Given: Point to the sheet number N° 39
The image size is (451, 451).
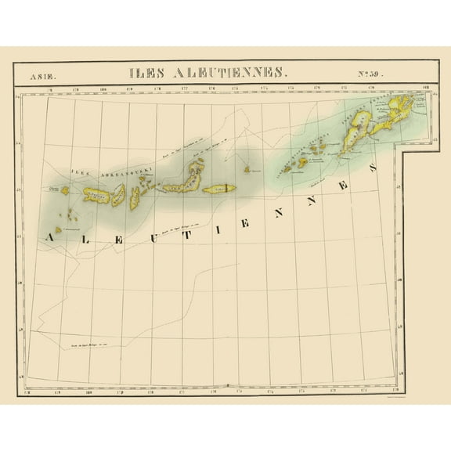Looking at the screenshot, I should click(375, 75).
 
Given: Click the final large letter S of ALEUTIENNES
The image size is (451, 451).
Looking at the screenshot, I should click(372, 167).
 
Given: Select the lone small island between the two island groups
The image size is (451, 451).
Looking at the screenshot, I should click(247, 168).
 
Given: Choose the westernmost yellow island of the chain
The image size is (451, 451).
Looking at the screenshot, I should click(65, 189).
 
